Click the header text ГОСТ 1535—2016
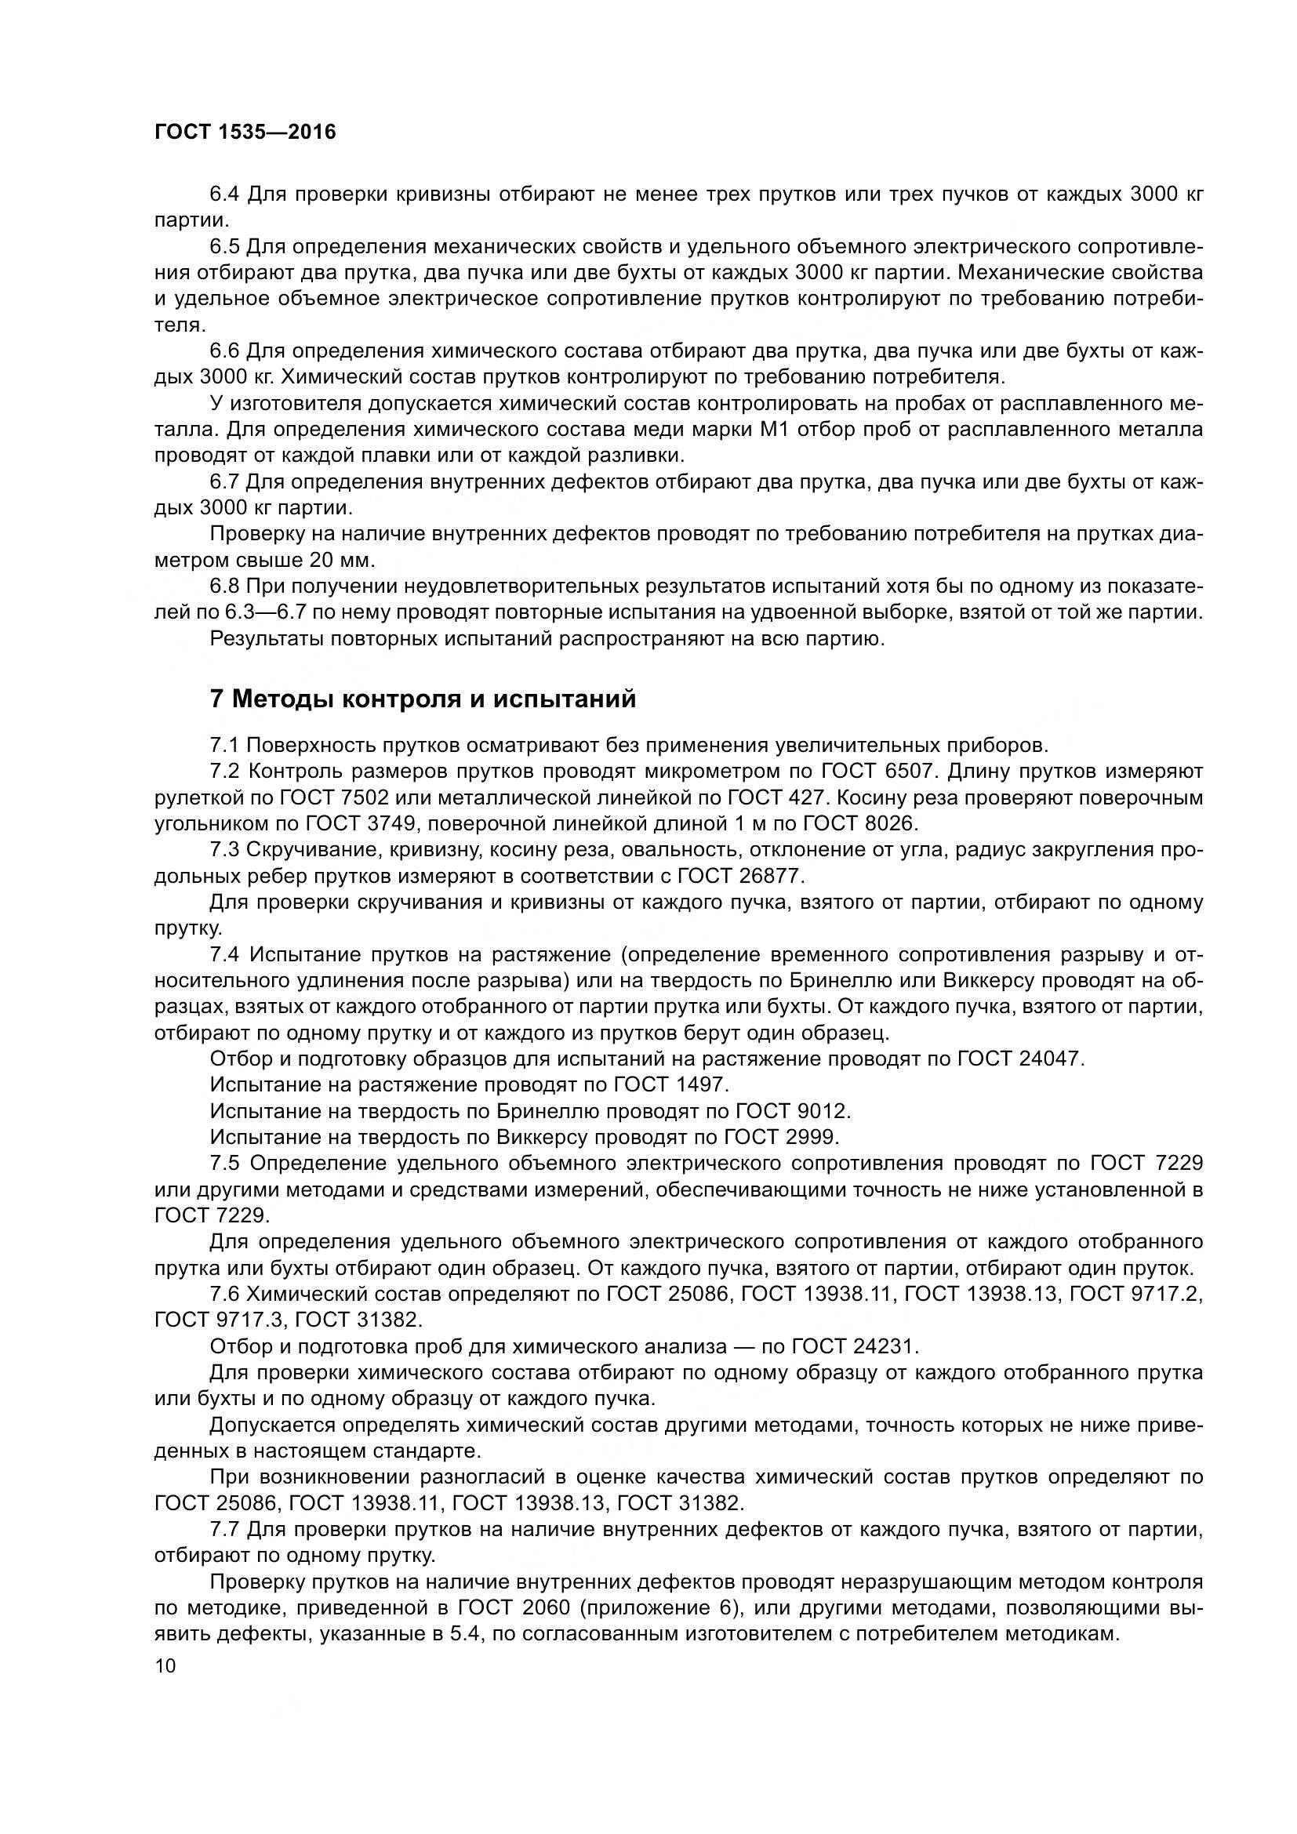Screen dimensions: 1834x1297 [245, 132]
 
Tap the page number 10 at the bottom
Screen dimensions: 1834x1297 [165, 1665]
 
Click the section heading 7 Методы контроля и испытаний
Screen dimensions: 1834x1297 [423, 698]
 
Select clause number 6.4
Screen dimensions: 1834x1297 [224, 194]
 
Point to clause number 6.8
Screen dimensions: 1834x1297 [224, 587]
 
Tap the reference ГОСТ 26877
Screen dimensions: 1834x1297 [739, 876]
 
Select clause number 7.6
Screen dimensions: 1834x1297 [224, 1294]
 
